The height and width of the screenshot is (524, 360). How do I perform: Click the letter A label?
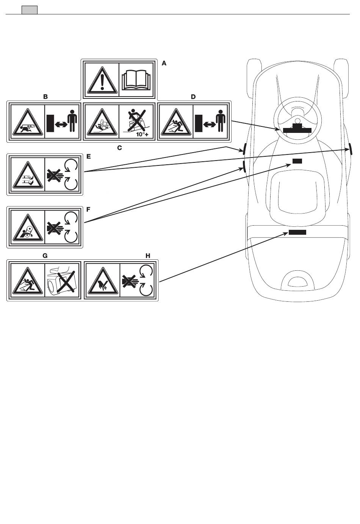click(x=164, y=64)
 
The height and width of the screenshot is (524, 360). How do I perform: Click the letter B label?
click(x=45, y=97)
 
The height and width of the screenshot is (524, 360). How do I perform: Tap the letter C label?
click(x=119, y=148)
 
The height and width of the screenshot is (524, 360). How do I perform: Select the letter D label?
click(x=193, y=97)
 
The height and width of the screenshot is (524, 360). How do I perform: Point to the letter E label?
click(x=89, y=156)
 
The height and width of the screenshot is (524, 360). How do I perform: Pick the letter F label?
click(x=89, y=209)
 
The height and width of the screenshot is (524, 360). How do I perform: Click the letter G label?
click(x=45, y=256)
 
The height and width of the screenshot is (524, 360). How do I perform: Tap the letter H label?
click(x=148, y=256)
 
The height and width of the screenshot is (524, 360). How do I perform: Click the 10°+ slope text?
click(x=142, y=134)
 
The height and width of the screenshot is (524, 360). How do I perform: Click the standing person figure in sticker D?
click(x=221, y=121)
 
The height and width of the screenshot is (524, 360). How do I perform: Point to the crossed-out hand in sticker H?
click(x=130, y=281)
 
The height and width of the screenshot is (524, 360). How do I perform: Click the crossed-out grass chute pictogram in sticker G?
click(x=62, y=280)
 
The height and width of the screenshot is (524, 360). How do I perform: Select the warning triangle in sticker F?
click(x=27, y=228)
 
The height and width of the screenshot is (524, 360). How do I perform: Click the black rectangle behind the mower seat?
click(x=297, y=232)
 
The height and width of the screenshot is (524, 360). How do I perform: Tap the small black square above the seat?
click(x=297, y=161)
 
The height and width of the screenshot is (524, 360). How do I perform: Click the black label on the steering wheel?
click(x=297, y=130)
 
